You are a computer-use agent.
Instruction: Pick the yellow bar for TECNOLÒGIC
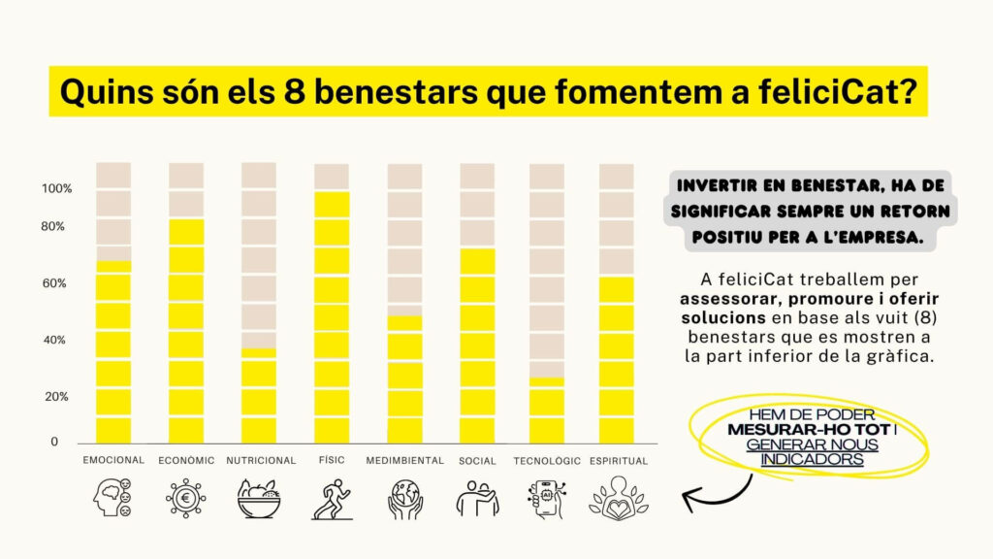[x=547, y=410]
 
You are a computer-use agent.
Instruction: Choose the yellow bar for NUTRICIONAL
[x=259, y=395]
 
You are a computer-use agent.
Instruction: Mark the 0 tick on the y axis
[x=54, y=443]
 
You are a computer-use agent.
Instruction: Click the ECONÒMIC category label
[x=186, y=461]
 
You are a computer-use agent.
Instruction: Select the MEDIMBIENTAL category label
[x=405, y=461]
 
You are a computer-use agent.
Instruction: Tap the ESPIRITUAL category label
[x=619, y=461]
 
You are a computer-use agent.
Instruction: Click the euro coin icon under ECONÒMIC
[x=185, y=499]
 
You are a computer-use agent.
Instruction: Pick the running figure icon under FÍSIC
[x=331, y=499]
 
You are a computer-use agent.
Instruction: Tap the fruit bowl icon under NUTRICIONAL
[x=258, y=499]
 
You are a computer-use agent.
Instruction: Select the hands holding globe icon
[x=404, y=499]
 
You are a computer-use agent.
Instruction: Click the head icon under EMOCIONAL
[x=113, y=499]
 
